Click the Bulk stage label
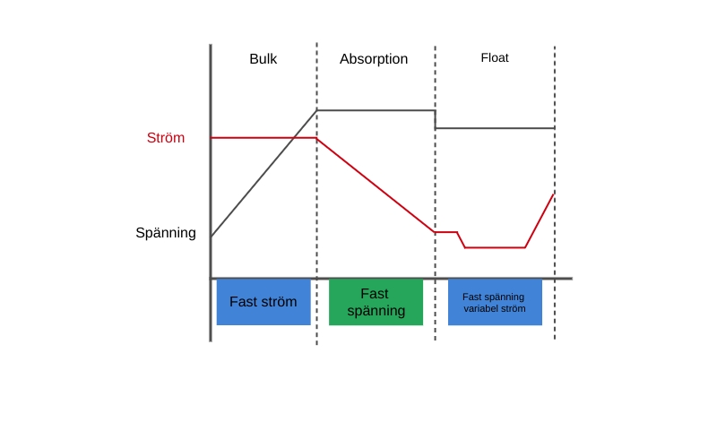pyautogui.click(x=263, y=59)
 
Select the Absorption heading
pyautogui.click(x=374, y=59)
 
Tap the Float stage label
pyautogui.click(x=495, y=57)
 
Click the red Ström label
pyautogui.click(x=166, y=138)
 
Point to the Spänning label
pyautogui.click(x=166, y=233)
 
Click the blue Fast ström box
pyautogui.click(x=263, y=302)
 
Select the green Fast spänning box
pyautogui.click(x=376, y=302)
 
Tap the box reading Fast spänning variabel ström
pyautogui.click(x=495, y=302)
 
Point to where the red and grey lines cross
pyautogui.click(x=297, y=138)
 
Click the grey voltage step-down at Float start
pyautogui.click(x=436, y=119)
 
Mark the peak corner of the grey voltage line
pyautogui.click(x=317, y=110)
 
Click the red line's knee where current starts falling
pyautogui.click(x=317, y=138)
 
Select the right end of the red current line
pyautogui.click(x=554, y=193)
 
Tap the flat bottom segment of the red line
pyautogui.click(x=495, y=247)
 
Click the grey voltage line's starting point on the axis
pyautogui.click(x=212, y=237)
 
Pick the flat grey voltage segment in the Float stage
pyautogui.click(x=495, y=128)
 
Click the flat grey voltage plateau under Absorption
pyautogui.click(x=376, y=110)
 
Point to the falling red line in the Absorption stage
pyautogui.click(x=376, y=185)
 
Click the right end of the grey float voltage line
pyautogui.click(x=554, y=128)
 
